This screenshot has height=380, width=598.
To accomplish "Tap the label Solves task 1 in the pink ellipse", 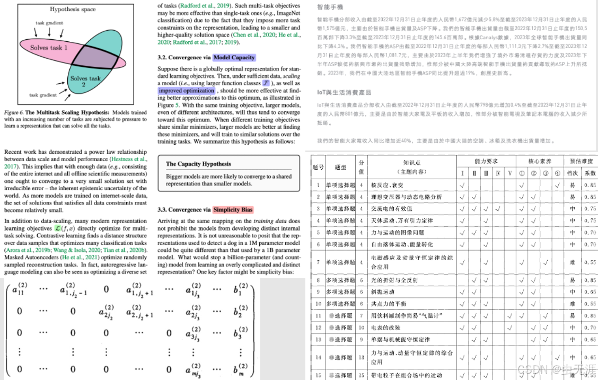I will tap(51, 47).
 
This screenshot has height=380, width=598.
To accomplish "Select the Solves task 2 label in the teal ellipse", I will tap(85, 82).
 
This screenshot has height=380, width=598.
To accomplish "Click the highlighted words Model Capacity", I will tap(234, 57).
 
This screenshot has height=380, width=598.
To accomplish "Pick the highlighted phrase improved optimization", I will tap(187, 91).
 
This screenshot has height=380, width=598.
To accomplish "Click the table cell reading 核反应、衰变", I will tap(388, 185).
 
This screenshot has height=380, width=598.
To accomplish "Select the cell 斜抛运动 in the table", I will tap(382, 291).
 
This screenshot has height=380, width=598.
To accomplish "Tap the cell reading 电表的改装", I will tap(385, 328).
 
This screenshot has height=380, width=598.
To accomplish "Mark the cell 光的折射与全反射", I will tap(394, 280).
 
